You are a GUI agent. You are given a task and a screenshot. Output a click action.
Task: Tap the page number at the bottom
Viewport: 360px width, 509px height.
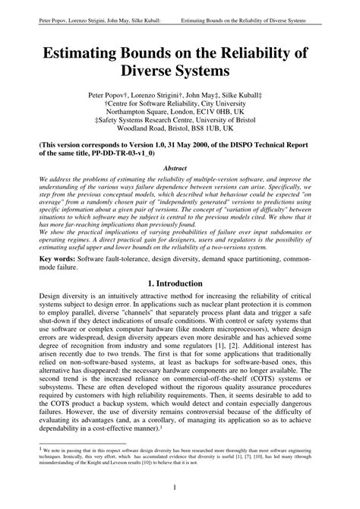(180, 488)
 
